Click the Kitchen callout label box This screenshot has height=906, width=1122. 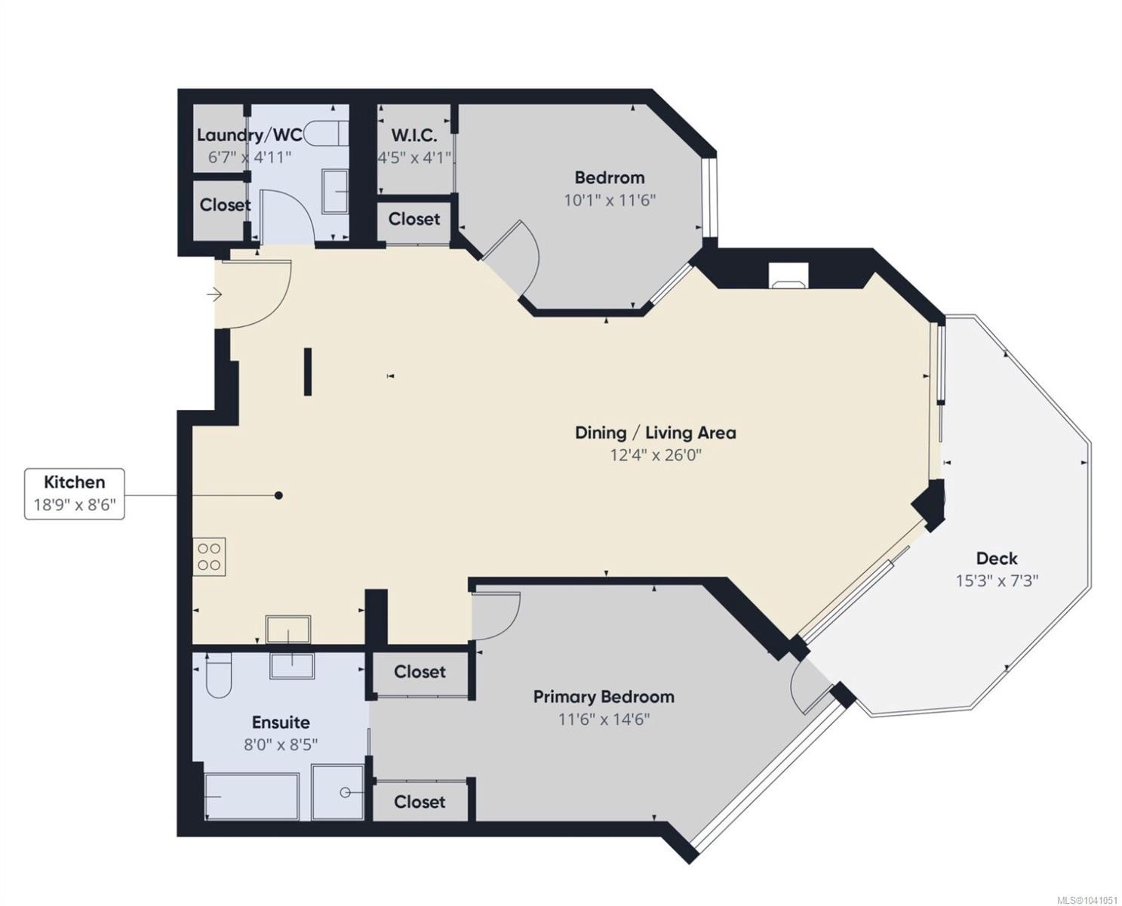(x=75, y=494)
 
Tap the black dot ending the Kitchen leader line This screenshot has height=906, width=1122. (x=279, y=495)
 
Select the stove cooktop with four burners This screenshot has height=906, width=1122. (x=209, y=557)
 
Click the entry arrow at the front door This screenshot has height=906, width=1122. (x=214, y=295)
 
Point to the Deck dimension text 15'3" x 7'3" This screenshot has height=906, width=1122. (x=997, y=581)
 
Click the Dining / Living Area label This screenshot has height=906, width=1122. (x=656, y=433)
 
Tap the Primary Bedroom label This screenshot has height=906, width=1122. (x=604, y=698)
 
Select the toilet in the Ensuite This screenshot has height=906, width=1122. (x=219, y=676)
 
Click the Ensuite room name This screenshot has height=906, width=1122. (x=281, y=723)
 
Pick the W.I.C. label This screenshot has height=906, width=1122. (x=414, y=136)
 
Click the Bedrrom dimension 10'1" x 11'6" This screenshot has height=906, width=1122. (x=610, y=200)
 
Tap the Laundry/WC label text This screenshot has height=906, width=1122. (x=250, y=135)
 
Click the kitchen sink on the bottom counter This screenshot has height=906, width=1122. (x=287, y=630)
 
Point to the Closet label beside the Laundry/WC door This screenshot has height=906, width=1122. (x=226, y=205)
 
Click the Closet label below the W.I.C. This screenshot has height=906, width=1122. (x=414, y=219)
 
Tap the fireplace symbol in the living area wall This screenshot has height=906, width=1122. (x=788, y=276)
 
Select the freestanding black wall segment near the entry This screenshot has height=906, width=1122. (x=308, y=371)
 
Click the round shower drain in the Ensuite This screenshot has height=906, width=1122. (x=345, y=793)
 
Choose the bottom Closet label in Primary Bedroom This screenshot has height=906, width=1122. (x=420, y=802)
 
